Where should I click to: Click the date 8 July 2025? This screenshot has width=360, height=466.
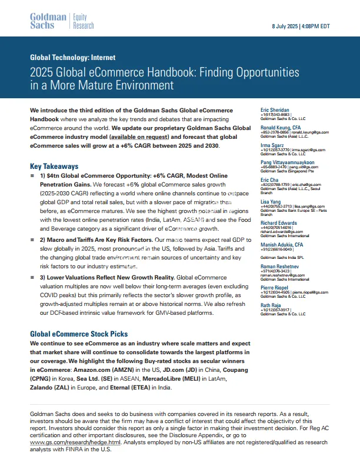287,27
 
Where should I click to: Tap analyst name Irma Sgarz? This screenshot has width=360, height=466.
274,144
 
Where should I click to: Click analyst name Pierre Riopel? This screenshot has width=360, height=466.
276,287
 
